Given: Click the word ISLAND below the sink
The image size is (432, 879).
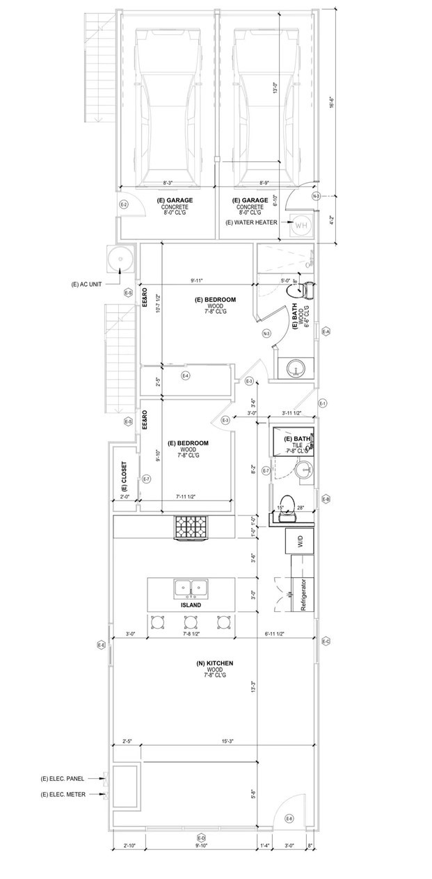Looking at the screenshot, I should pos(191,605).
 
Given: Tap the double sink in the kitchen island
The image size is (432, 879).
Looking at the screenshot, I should pos(191,588).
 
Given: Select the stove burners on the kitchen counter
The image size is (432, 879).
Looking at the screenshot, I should pos(191,526).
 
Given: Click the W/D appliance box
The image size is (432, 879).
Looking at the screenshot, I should pos(300,542).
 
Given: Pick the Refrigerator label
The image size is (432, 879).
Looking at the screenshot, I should pos(303,594).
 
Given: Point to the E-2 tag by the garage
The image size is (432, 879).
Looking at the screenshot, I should pos(124,204).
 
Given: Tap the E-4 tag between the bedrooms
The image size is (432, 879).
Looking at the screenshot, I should pos(186,376).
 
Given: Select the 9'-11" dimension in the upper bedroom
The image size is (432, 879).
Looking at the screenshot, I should pos(198,281).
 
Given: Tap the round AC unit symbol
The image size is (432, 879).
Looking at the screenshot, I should pos(120,259).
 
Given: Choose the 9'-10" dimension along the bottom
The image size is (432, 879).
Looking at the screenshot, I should pos(202,846).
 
